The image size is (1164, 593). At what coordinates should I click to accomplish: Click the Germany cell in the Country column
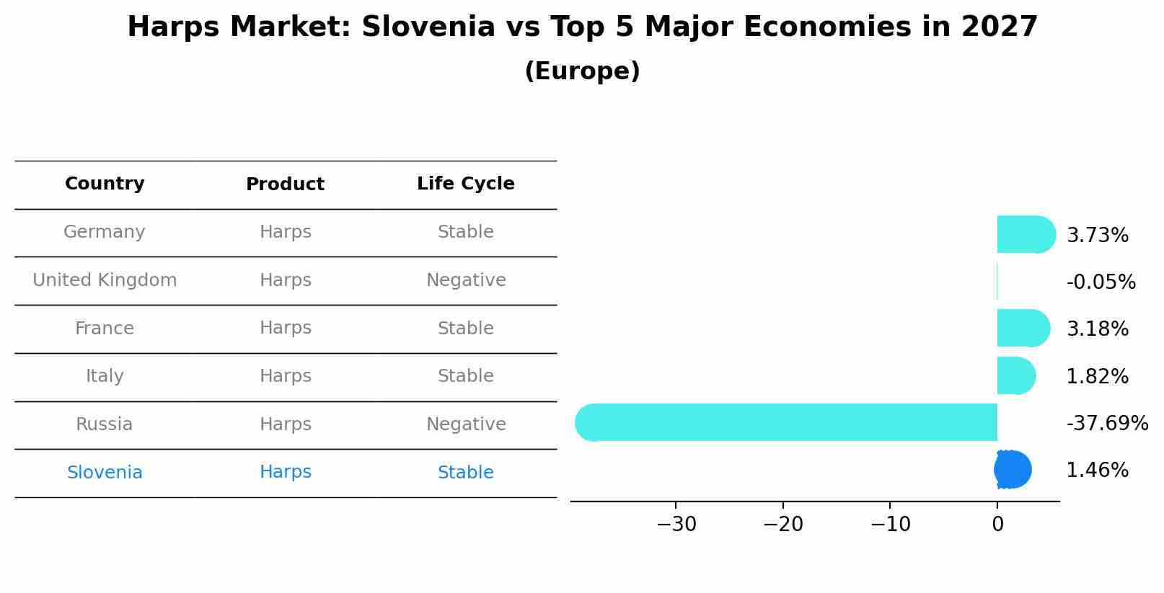coord(105,232)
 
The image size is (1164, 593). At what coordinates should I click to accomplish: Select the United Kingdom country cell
coord(105,280)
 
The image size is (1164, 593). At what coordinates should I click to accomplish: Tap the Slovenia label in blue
coord(105,473)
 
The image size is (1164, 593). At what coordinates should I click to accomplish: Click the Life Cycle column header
coord(465,184)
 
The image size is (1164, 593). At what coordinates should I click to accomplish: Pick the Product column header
coord(285,184)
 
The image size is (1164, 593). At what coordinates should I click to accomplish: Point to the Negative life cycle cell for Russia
coord(465,424)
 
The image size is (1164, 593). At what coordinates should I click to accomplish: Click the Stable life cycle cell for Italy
coord(465,376)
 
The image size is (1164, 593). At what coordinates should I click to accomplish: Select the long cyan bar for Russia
coord(786,422)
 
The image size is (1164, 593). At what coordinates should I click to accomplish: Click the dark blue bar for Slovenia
coord(1013,470)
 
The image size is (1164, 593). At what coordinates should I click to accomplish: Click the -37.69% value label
coord(1106,423)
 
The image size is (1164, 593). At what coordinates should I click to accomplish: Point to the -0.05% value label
coord(1101,282)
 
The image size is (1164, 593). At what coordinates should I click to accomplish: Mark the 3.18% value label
coord(1097,329)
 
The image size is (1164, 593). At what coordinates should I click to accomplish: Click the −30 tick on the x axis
coord(676,525)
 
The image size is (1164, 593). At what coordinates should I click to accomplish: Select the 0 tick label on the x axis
coord(997,525)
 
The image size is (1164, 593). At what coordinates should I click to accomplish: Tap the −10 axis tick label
coord(890,525)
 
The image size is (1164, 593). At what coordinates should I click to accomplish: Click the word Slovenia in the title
coord(428,27)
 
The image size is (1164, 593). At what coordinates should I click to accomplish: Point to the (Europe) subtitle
coord(582,71)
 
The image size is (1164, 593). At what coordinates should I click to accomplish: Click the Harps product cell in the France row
coord(285,329)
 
